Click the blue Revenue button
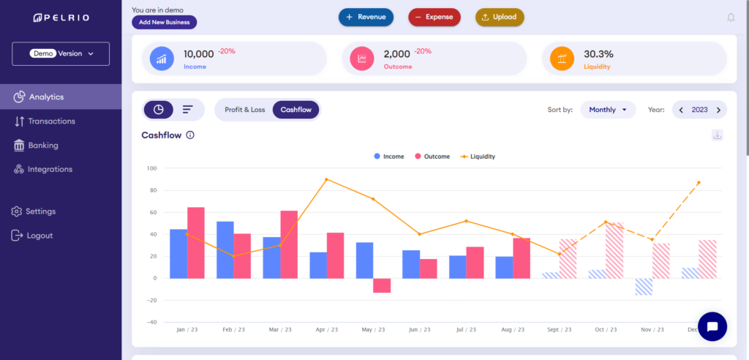click(366, 17)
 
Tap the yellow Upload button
click(500, 17)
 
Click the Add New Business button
click(164, 22)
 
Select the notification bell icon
click(730, 18)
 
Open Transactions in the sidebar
click(51, 121)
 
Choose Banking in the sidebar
click(43, 146)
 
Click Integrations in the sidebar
click(50, 170)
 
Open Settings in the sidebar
click(40, 211)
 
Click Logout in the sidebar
click(39, 236)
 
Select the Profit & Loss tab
click(244, 110)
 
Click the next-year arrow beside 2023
click(718, 110)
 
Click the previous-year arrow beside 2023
click(681, 110)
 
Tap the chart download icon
click(717, 135)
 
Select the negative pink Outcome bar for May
click(382, 285)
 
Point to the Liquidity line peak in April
click(326, 179)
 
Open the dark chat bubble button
click(712, 326)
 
